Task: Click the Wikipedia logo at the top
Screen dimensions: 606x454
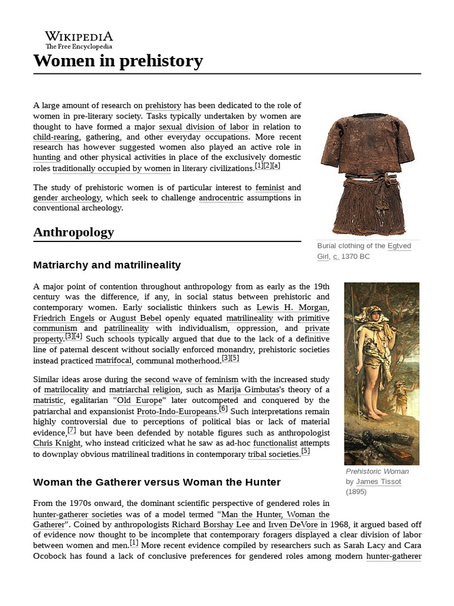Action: pyautogui.click(x=79, y=39)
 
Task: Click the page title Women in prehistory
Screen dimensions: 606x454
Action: pyautogui.click(x=118, y=60)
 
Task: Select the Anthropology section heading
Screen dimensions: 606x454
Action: pyautogui.click(x=73, y=232)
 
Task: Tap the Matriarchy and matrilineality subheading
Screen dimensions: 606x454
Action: pyautogui.click(x=107, y=265)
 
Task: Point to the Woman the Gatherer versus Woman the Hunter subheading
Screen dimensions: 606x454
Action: pyautogui.click(x=157, y=482)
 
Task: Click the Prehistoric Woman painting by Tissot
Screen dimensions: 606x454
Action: pyautogui.click(x=381, y=373)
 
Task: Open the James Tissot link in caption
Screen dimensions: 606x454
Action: pyautogui.click(x=378, y=481)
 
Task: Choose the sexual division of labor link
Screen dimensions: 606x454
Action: pyautogui.click(x=204, y=127)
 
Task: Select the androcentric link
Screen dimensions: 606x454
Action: pyautogui.click(x=221, y=198)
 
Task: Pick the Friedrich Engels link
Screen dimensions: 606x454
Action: pyautogui.click(x=64, y=318)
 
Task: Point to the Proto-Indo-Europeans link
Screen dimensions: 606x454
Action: pyautogui.click(x=177, y=411)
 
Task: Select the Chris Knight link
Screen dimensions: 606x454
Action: pyautogui.click(x=56, y=443)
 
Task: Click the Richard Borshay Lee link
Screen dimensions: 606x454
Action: pyautogui.click(x=210, y=524)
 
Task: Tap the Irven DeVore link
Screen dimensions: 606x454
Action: pyautogui.click(x=290, y=524)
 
